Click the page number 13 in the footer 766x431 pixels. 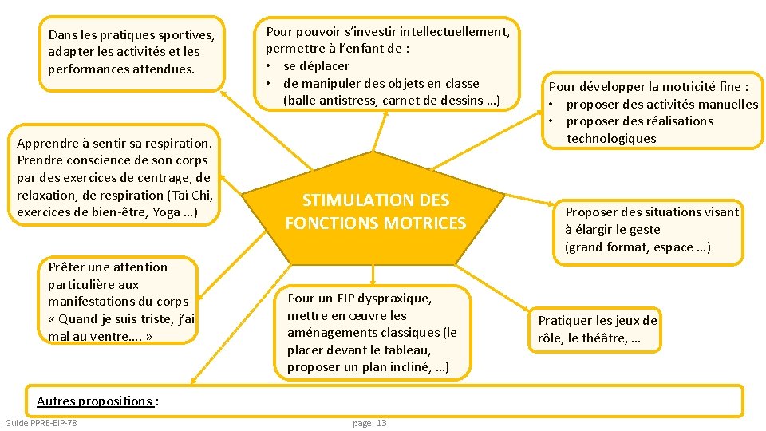pos(381,423)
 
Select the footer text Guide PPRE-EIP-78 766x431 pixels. pos(41,422)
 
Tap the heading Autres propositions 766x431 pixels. pos(94,401)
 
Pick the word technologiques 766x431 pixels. pos(611,139)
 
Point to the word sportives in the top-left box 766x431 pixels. pos(186,35)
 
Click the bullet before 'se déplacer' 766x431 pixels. pos(270,66)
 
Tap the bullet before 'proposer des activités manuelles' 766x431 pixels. pos(553,105)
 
